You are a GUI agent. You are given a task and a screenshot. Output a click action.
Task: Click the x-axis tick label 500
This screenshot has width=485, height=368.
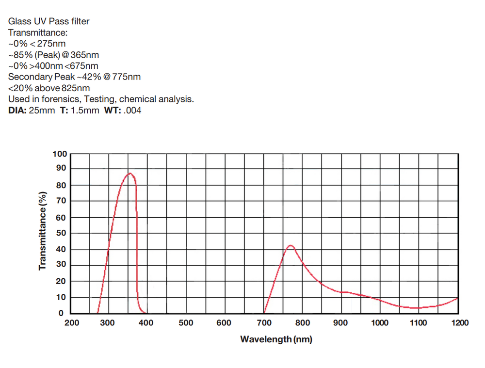pyautogui.click(x=185, y=323)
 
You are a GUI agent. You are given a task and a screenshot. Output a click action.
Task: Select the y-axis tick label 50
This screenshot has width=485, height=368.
pyautogui.click(x=61, y=233)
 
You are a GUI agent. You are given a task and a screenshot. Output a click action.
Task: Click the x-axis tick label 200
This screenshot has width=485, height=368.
pyautogui.click(x=72, y=323)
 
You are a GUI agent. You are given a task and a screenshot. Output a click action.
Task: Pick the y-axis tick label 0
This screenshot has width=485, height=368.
pyautogui.click(x=62, y=314)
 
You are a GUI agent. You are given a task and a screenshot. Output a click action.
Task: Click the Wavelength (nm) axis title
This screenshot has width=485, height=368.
pyautogui.click(x=276, y=339)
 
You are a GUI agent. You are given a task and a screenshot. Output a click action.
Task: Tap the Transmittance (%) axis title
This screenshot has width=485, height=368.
pyautogui.click(x=43, y=231)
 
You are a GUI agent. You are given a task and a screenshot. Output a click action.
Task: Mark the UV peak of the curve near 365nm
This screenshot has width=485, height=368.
pyautogui.click(x=129, y=173)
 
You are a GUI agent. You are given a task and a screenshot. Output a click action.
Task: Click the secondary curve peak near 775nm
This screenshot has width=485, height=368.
pyautogui.click(x=291, y=245)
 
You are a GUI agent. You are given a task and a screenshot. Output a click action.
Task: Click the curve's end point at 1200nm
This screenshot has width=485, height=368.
pyautogui.click(x=457, y=298)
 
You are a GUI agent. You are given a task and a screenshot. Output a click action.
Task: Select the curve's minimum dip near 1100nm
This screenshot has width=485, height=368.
pyautogui.click(x=417, y=308)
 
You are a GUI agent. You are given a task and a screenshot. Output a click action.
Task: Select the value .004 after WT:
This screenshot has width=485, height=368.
pyautogui.click(x=132, y=111)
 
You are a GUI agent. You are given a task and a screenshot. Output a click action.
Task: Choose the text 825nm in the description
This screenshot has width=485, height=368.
pyautogui.click(x=75, y=88)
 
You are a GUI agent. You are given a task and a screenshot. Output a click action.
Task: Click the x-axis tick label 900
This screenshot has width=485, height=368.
pyautogui.click(x=341, y=323)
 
